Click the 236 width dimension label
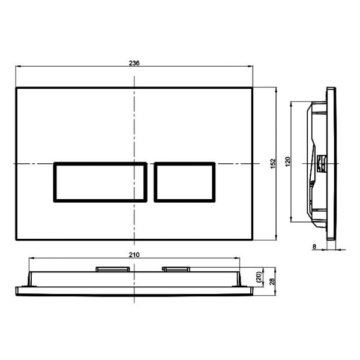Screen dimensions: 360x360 134,63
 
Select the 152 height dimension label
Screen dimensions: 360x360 273,163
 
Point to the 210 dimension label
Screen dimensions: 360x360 134,254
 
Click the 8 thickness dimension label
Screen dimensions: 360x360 314,247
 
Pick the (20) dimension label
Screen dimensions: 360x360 259,277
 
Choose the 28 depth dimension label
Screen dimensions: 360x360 272,281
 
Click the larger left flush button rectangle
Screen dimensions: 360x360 100,163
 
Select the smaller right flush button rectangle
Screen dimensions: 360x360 185,163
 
